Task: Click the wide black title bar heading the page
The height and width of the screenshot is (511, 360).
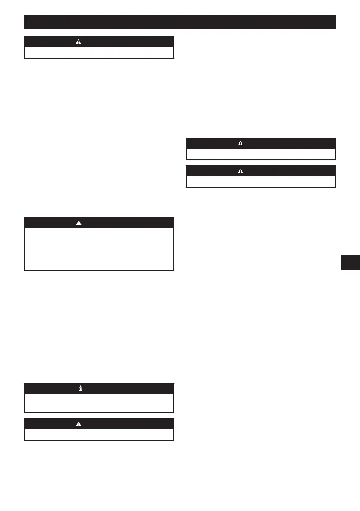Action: tap(180, 21)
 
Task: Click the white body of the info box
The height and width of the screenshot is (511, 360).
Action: tap(99, 403)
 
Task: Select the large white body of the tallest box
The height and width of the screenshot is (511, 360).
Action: tap(99, 249)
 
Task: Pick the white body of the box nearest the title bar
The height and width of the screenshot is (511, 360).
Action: tap(99, 52)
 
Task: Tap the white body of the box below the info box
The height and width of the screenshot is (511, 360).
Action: tap(99, 434)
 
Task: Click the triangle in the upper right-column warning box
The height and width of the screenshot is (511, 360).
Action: tap(240, 143)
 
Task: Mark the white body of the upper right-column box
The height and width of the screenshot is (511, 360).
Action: tap(260, 154)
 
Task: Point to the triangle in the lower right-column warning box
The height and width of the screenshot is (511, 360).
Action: tap(240, 171)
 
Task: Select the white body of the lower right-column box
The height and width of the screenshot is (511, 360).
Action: tap(260, 181)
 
